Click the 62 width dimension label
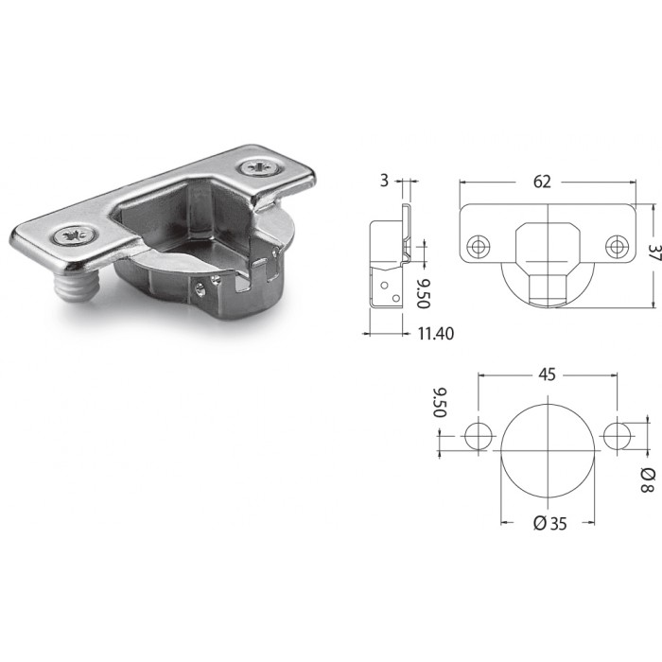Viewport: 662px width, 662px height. pos(542,182)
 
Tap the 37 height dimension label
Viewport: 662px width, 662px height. pos(654,253)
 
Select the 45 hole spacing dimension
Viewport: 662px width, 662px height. pos(547,375)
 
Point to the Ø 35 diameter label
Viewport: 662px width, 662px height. pos(550,524)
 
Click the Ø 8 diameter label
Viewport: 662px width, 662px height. pos(648,480)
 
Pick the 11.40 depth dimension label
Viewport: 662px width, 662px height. pos(436,334)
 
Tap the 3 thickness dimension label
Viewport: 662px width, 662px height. pos(384,181)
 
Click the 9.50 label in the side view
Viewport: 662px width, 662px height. pos(423,293)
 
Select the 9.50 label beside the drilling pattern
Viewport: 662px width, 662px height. pos(440,402)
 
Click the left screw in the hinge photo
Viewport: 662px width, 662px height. pos(77,236)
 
